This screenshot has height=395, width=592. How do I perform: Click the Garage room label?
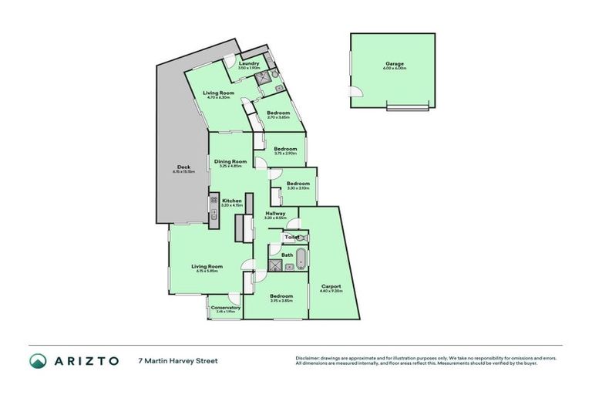(x=395, y=63)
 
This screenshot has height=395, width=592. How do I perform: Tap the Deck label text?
(x=183, y=167)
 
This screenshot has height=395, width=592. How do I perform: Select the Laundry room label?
(x=249, y=63)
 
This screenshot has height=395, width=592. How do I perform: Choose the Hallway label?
(x=275, y=213)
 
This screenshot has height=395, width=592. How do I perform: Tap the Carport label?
(x=331, y=287)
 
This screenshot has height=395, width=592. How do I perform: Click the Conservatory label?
(x=225, y=308)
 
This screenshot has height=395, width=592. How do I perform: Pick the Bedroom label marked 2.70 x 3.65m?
(x=277, y=113)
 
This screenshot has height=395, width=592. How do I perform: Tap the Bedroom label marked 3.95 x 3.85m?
(x=281, y=296)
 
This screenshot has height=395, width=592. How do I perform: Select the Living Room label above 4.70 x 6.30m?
(x=218, y=93)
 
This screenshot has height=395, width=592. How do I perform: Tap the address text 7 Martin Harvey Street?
(x=177, y=360)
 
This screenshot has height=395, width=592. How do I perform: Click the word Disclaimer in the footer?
(x=308, y=357)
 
